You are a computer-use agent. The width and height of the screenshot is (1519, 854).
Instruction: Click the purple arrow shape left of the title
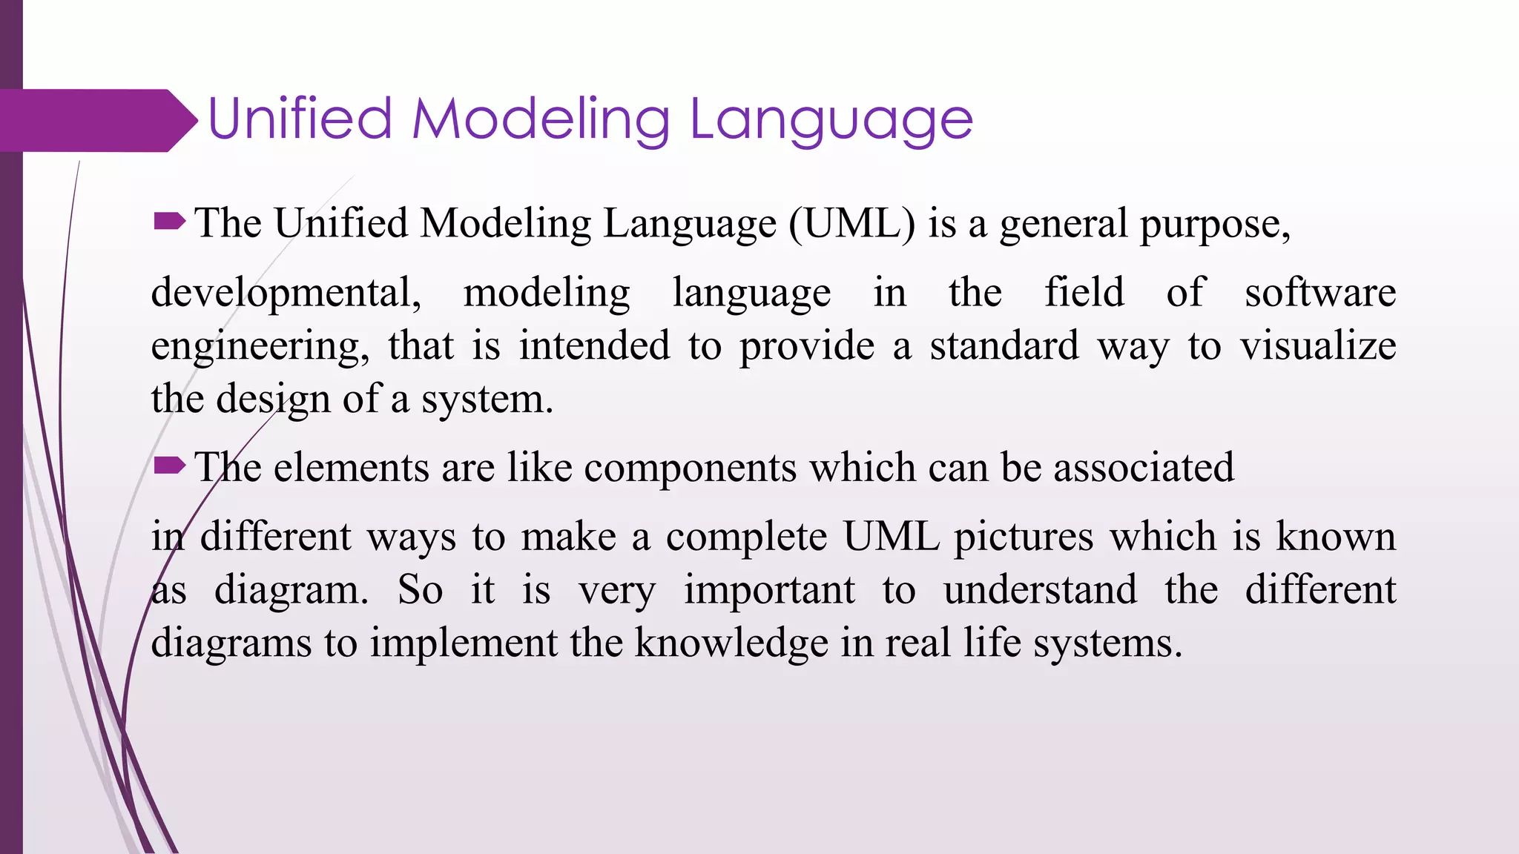[x=96, y=120]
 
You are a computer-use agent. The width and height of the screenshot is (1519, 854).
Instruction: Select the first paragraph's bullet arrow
[x=169, y=221]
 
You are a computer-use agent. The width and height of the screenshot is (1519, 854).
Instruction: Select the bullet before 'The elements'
[x=169, y=466]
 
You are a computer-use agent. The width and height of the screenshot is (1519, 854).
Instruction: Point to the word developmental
[x=286, y=293]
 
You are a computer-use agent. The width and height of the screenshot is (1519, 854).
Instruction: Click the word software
[x=1320, y=292]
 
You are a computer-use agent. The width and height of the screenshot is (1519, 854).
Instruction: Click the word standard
[x=1004, y=345]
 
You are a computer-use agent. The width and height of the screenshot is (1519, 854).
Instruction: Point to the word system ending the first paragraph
[x=487, y=400]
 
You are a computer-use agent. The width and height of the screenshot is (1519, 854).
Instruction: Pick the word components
[x=690, y=469]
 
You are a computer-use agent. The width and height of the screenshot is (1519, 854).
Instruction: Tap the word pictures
[x=1023, y=537]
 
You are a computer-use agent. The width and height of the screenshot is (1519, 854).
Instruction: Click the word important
[x=769, y=590]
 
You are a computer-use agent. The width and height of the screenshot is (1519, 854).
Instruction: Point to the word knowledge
[x=731, y=643]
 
